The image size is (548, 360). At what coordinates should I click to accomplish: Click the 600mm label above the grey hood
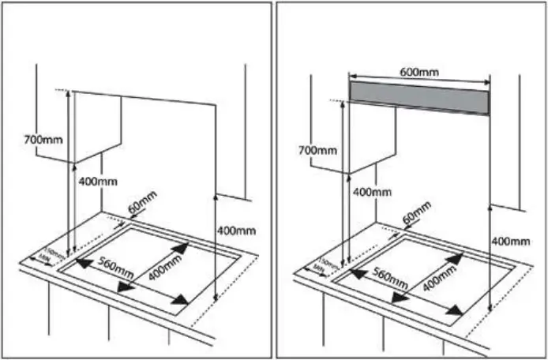418,71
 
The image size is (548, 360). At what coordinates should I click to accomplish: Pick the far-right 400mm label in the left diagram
237,230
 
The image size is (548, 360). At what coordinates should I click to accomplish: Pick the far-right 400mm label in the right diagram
509,240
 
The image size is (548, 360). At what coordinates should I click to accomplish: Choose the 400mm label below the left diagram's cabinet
98,182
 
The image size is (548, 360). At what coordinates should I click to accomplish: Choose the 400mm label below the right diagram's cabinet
371,192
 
